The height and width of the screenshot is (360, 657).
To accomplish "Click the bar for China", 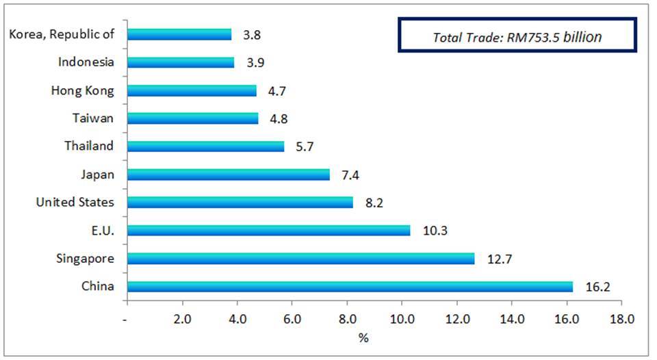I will click(350, 286).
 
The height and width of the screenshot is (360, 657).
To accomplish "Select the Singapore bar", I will click(300, 258).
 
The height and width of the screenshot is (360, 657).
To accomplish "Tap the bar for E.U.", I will click(268, 230).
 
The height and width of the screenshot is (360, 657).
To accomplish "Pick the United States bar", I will click(240, 202).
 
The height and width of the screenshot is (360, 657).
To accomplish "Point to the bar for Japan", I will click(228, 174).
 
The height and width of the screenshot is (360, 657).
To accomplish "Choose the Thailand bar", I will click(205, 146).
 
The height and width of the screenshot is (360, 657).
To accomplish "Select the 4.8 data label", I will click(279, 118).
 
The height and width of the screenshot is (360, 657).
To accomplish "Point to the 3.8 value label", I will click(252, 34).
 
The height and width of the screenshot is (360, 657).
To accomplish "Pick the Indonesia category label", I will click(86, 62).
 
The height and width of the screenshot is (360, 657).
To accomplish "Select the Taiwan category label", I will click(93, 118).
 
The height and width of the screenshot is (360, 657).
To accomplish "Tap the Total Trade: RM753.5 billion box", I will click(517, 36).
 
